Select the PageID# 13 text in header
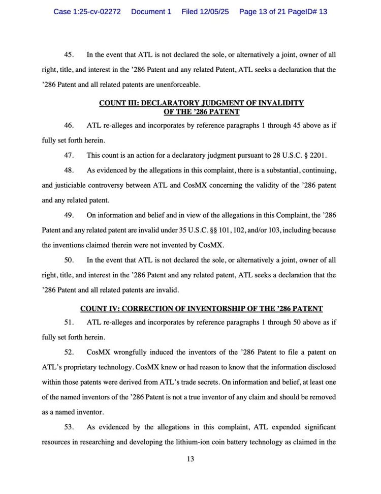pyautogui.click(x=308, y=11)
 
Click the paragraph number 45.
pyautogui.click(x=69, y=54)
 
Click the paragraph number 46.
pyautogui.click(x=69, y=125)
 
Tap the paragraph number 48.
pyautogui.click(x=69, y=169)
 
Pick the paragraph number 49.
pyautogui.click(x=69, y=215)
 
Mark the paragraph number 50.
pyautogui.click(x=69, y=260)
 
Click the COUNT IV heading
pyautogui.click(x=201, y=308)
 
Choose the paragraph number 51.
pyautogui.click(x=69, y=322)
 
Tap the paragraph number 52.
pyautogui.click(x=69, y=352)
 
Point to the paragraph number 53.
pyautogui.click(x=69, y=427)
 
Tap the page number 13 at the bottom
pyautogui.click(x=190, y=459)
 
